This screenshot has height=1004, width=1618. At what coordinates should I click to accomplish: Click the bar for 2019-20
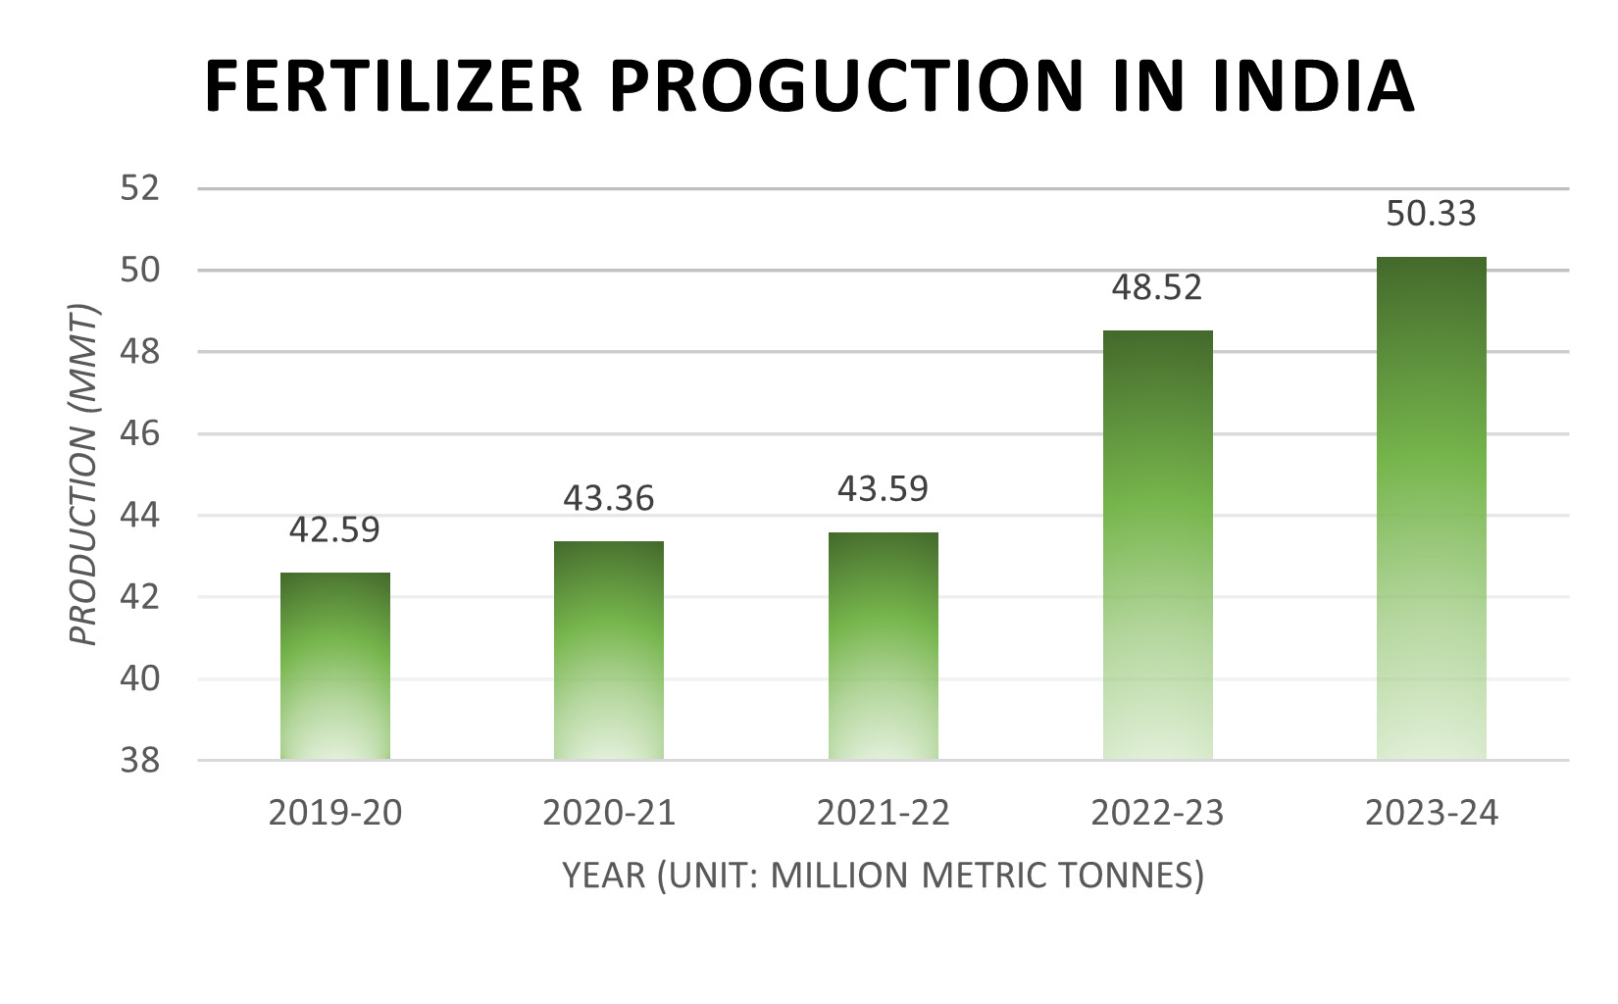pos(335,666)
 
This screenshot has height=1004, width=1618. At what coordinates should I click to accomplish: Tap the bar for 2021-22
pos(884,646)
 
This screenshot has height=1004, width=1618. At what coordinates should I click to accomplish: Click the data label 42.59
pos(334,529)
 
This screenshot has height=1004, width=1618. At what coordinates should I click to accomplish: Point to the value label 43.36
pos(609,498)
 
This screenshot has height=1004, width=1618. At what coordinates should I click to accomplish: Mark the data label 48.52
pos(1157,287)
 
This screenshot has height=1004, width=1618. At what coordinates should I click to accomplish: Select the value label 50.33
pos(1431,214)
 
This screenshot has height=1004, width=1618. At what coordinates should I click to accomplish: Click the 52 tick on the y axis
pos(140,188)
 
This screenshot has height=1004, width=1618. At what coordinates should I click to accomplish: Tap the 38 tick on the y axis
pos(140,760)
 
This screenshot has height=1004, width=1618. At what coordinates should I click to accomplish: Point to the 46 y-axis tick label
pos(140,433)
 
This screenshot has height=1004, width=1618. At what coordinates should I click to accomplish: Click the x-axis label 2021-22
pos(884,813)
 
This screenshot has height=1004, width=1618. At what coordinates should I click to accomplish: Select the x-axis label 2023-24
pos(1432,813)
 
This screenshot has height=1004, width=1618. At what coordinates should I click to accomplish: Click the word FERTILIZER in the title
pos(393,86)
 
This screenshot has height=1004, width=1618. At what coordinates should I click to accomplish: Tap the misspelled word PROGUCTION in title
pos(845,86)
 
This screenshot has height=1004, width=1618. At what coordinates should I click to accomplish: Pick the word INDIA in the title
pos(1313,86)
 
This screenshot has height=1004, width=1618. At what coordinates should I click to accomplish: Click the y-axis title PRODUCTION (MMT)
pos(85,475)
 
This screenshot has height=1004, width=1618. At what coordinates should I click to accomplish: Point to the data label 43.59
pos(883,488)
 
